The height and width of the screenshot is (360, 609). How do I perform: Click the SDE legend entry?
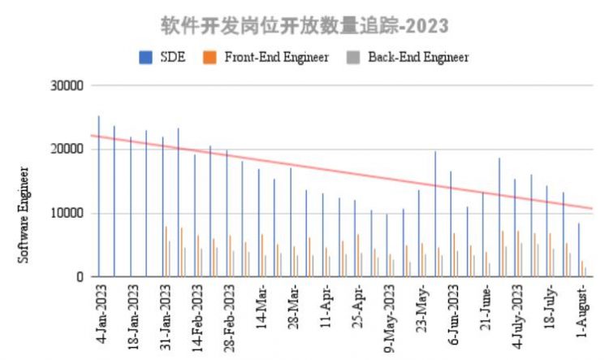[x=162, y=57]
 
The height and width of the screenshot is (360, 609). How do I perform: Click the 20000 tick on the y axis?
[x=67, y=150]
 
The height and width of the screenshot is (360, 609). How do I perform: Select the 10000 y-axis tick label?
[x=67, y=214]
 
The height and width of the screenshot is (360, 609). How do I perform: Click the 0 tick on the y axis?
[x=80, y=277]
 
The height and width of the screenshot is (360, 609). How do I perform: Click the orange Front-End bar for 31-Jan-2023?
[x=166, y=252]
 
